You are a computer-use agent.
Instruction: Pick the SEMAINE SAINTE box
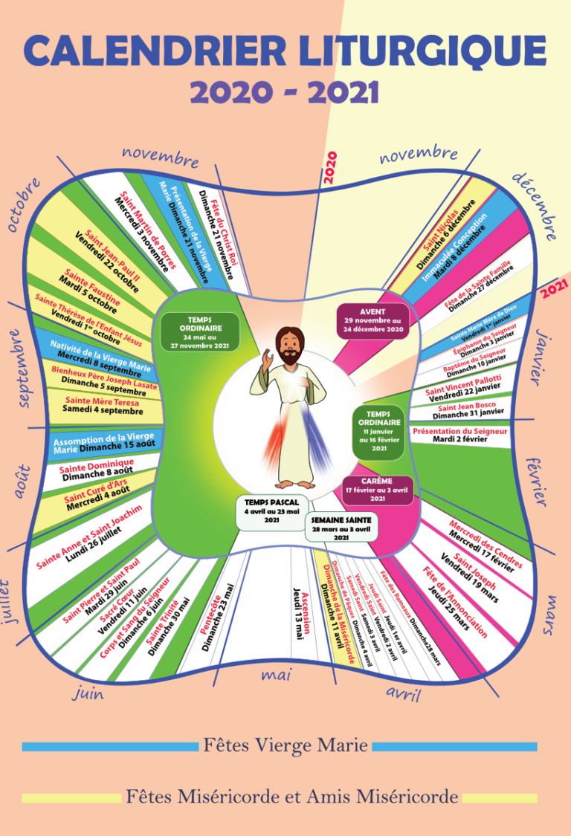tap(341, 527)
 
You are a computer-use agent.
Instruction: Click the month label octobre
tap(23, 204)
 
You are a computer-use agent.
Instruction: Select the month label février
tap(538, 482)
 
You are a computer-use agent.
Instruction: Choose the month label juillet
tap(14, 601)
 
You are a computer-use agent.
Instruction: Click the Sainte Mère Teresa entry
tap(103, 405)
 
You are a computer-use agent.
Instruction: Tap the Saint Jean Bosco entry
tap(470, 409)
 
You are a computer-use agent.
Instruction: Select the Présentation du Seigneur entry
tap(459, 435)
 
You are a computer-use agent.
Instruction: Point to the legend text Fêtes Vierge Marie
tap(285, 745)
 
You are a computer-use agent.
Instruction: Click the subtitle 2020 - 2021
tap(285, 92)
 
